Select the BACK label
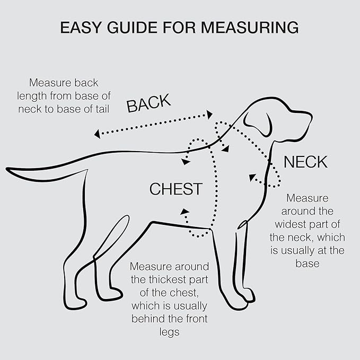coord(148,103)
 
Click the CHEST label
coord(175,189)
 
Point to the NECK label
coord(305,162)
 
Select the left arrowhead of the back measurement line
coord(97,134)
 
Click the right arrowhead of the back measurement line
coord(210,114)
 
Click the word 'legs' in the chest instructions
coord(169,331)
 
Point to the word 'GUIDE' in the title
coord(142,28)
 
